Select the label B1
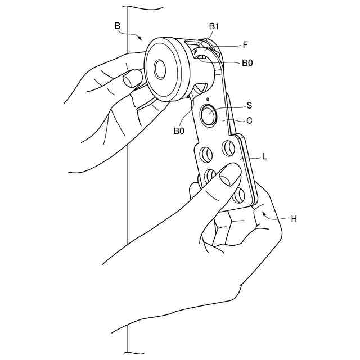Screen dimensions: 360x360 (215, 26)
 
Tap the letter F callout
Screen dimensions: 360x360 (245, 43)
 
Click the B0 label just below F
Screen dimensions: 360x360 (247, 63)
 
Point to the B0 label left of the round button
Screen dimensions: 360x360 (179, 131)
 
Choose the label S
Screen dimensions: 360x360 (249, 105)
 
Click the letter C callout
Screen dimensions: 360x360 (249, 120)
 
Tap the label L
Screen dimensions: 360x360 (264, 157)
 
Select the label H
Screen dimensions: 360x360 (293, 219)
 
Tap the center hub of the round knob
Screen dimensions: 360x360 (159, 70)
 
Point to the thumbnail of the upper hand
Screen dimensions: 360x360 (133, 78)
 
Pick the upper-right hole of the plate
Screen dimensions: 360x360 (228, 148)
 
